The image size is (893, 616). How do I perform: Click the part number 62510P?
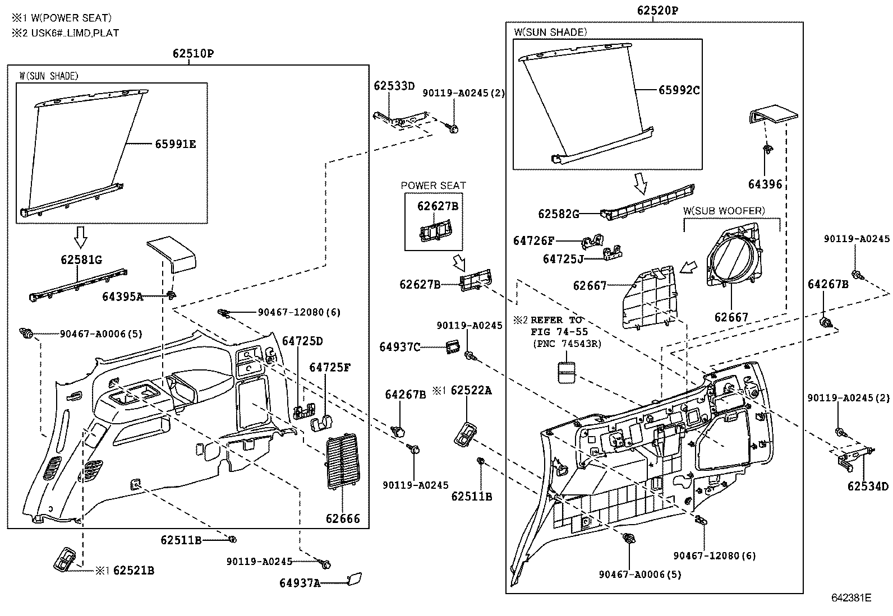pyautogui.click(x=194, y=54)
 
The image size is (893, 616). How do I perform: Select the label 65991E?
pyautogui.click(x=176, y=144)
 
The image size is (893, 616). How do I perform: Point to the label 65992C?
pyautogui.click(x=679, y=90)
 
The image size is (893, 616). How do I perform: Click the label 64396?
pyautogui.click(x=765, y=184)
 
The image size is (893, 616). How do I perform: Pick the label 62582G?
pyautogui.click(x=559, y=214)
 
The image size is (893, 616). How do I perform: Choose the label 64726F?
pyautogui.click(x=533, y=241)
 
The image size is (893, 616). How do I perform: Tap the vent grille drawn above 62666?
pyautogui.click(x=342, y=461)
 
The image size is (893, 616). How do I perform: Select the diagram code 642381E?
pyautogui.click(x=851, y=598)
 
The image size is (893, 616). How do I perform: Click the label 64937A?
pyautogui.click(x=300, y=583)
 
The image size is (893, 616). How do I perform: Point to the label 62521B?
pyautogui.click(x=134, y=571)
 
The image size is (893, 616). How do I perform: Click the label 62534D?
pyautogui.click(x=868, y=486)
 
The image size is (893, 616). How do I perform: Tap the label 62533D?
pyautogui.click(x=394, y=86)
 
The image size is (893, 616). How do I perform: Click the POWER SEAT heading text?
pyautogui.click(x=433, y=185)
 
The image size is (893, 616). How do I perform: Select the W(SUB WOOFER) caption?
pyautogui.click(x=724, y=211)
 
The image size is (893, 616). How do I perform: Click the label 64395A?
pyautogui.click(x=122, y=297)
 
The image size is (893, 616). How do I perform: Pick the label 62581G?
pyautogui.click(x=82, y=260)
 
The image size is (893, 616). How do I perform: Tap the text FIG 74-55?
pyautogui.click(x=559, y=332)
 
